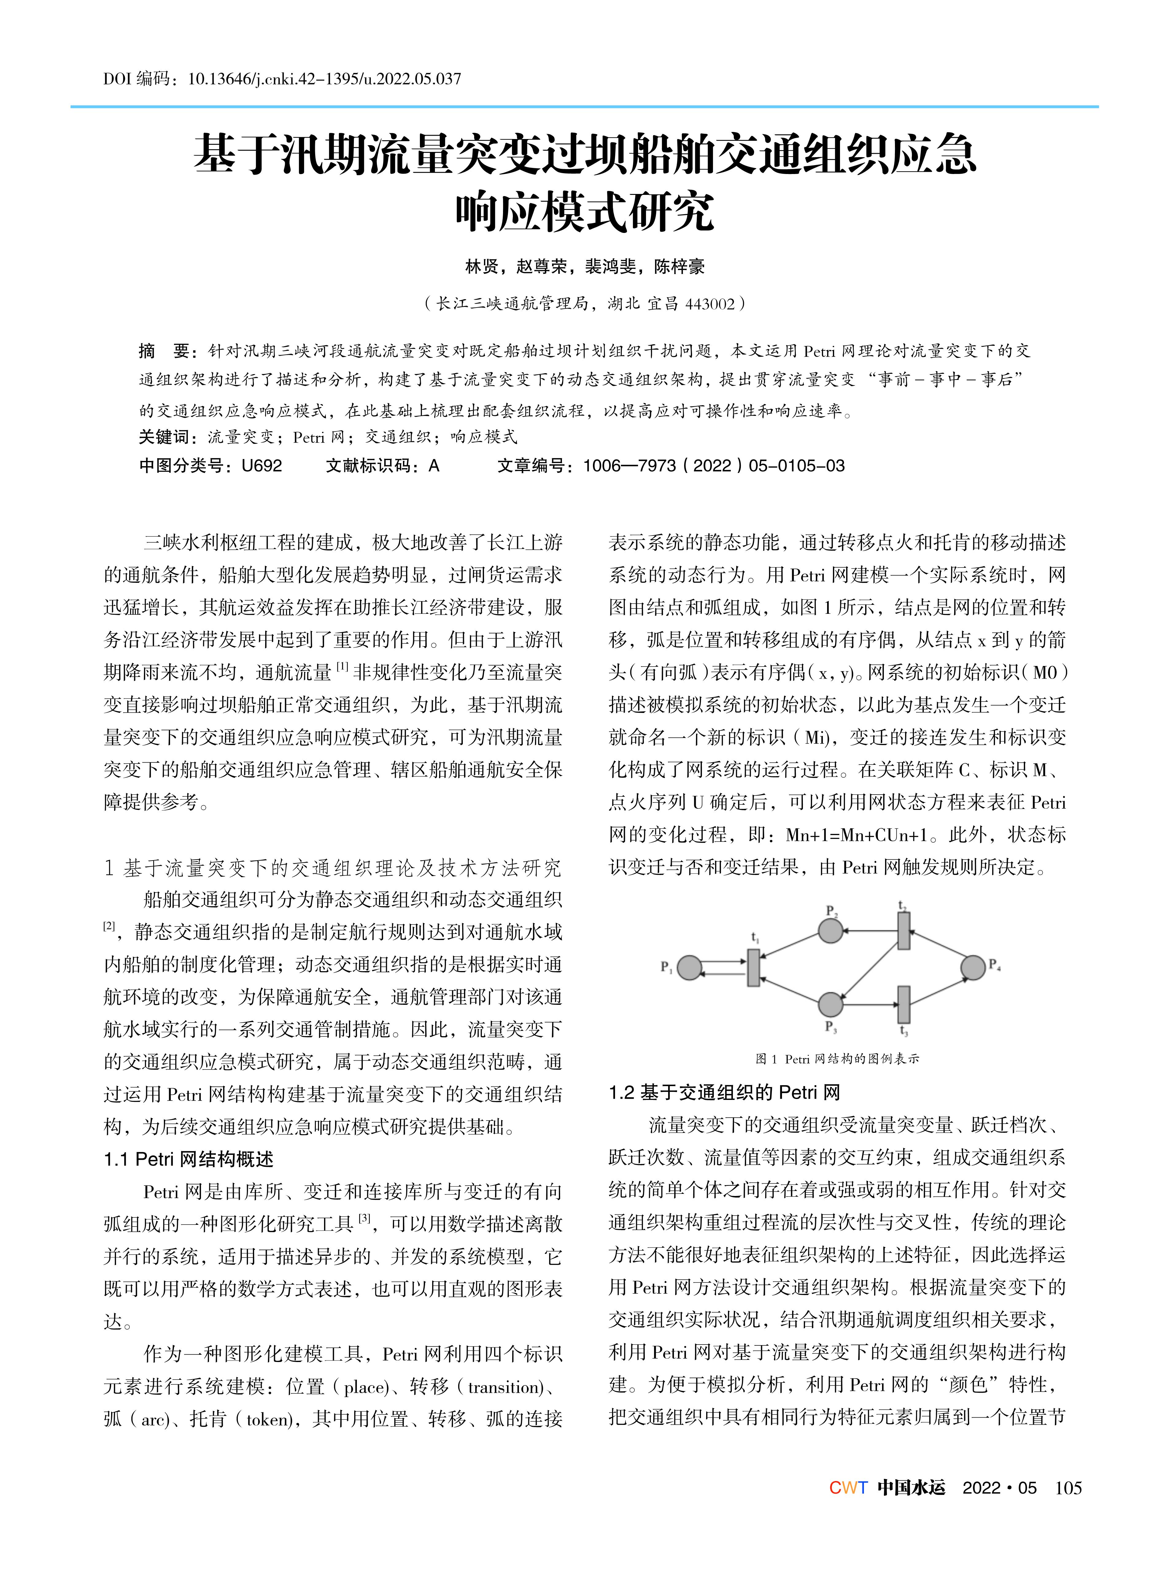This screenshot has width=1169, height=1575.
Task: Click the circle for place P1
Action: [x=689, y=967]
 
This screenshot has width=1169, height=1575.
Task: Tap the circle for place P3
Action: [x=831, y=1004]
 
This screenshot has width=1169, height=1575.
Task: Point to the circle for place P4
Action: [x=973, y=967]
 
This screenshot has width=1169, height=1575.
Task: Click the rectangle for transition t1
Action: [x=754, y=967]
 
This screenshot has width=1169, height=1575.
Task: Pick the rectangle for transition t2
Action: [x=904, y=931]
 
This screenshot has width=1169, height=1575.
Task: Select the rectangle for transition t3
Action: [x=904, y=1004]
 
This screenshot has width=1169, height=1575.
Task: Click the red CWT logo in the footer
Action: [x=848, y=1488]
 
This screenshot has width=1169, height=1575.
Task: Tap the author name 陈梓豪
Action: [x=679, y=267]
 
